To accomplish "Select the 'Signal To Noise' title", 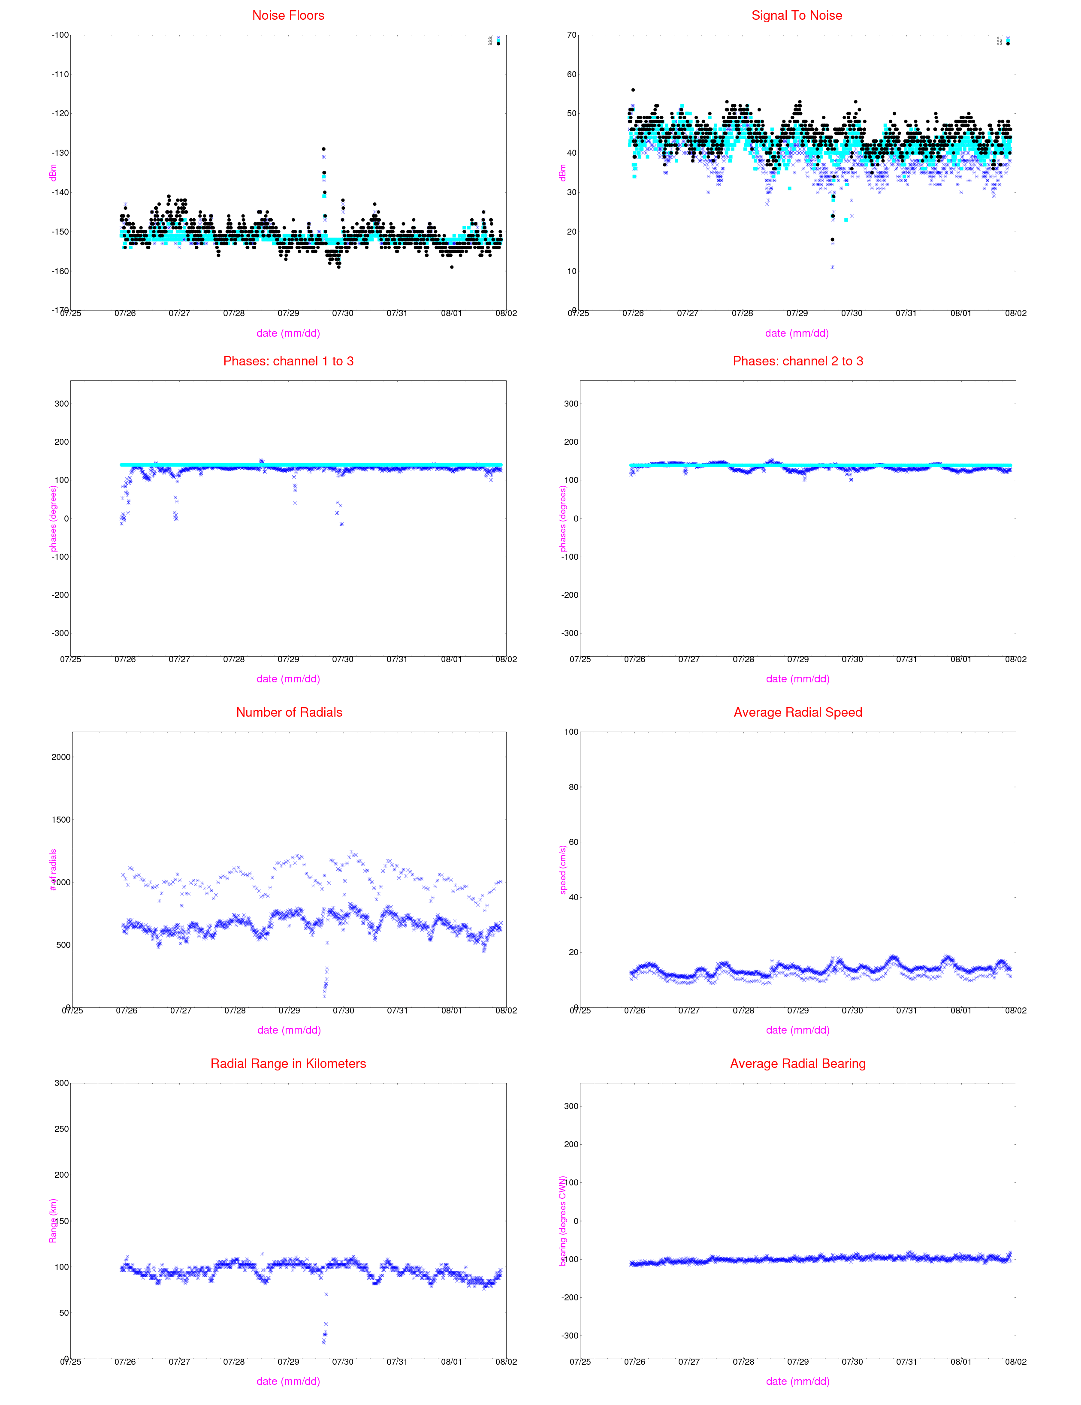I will point(797,15).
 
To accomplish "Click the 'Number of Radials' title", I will point(289,712).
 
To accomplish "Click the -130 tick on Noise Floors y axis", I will point(60,153).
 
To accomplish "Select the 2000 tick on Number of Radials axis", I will point(61,757).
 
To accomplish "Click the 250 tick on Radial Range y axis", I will point(61,1129).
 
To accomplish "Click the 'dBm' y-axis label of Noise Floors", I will point(53,172).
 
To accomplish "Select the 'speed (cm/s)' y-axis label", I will point(563,870).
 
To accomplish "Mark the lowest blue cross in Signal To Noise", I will point(832,267).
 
